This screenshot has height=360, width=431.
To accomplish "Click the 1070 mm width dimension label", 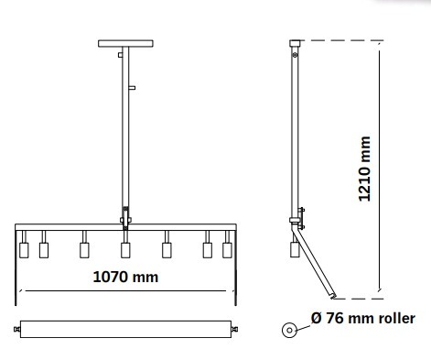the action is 125,278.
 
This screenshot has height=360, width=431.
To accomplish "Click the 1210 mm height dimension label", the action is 364,169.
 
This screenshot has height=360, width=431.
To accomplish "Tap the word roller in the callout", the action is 397,319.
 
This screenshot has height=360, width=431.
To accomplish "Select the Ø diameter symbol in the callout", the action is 317,318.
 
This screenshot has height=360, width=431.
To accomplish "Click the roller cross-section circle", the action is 289,330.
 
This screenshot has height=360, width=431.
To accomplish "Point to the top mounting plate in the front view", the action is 125,43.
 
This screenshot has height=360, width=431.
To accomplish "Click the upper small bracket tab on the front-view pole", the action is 120,55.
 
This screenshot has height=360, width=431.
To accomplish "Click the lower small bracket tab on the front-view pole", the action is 132,88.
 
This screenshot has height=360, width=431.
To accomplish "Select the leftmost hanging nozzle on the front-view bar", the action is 24,250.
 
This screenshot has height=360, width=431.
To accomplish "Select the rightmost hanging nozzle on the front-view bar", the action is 227,250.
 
